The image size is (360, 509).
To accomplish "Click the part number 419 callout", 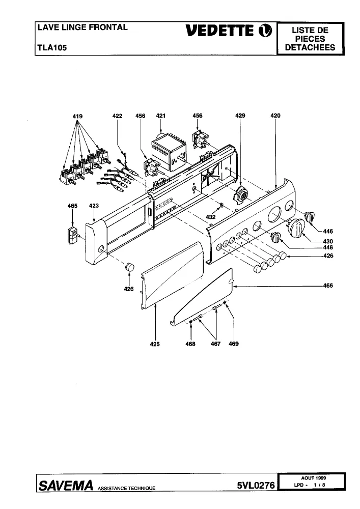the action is [77, 116].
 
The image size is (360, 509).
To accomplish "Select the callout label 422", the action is [117, 116].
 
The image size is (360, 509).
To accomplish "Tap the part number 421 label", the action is [161, 116].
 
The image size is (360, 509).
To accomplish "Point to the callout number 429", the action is [240, 115].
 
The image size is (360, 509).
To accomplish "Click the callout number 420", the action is [275, 115].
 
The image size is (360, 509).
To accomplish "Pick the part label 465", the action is [72, 206].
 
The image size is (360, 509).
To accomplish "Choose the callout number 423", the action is [94, 206].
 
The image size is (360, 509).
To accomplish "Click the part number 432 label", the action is [211, 217].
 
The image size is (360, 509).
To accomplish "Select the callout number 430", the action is [328, 241].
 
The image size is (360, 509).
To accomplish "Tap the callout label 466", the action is [328, 286].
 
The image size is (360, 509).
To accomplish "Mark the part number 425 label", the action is [155, 344].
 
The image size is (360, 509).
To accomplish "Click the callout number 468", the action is [190, 344].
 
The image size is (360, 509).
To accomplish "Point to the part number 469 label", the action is [234, 344].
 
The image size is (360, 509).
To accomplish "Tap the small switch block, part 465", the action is [73, 235].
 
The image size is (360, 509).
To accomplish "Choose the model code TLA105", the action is [52, 48].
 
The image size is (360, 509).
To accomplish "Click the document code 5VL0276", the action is [256, 485].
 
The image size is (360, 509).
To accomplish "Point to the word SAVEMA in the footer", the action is [66, 485].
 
